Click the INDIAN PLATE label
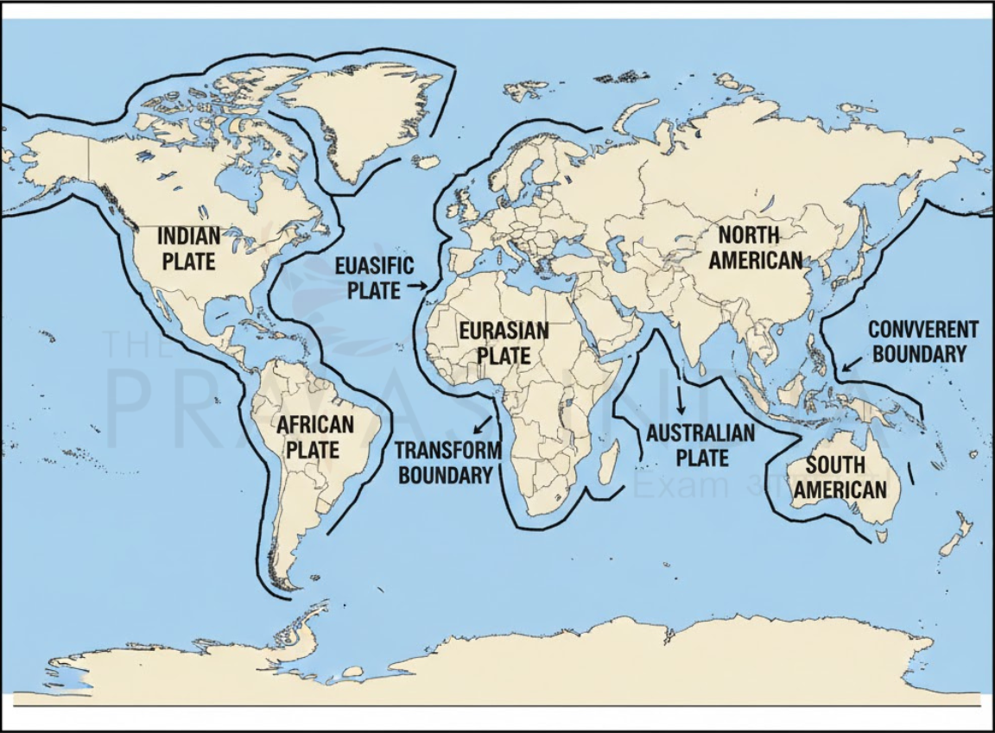(x=188, y=248)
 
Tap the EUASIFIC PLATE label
(x=374, y=277)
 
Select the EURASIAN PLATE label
(x=504, y=343)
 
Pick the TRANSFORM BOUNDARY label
(x=448, y=462)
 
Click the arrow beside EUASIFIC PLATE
(x=417, y=285)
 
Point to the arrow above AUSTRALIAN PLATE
(x=681, y=400)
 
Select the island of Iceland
(x=427, y=161)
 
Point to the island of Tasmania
(x=880, y=535)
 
